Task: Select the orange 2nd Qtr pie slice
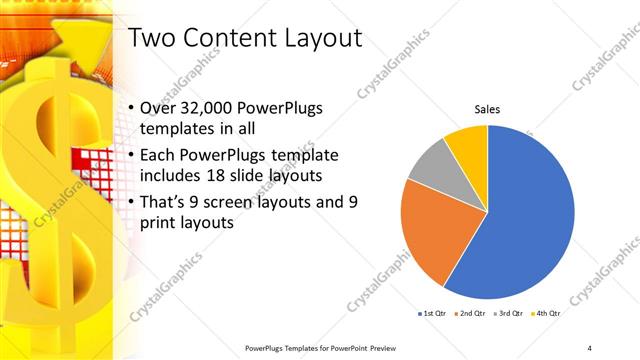pos(432,230)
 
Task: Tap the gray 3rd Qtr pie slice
pos(431,165)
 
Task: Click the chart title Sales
pos(487,109)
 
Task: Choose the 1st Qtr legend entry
pos(433,314)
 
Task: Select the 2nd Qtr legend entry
pos(471,314)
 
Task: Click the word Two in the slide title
pos(155,40)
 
